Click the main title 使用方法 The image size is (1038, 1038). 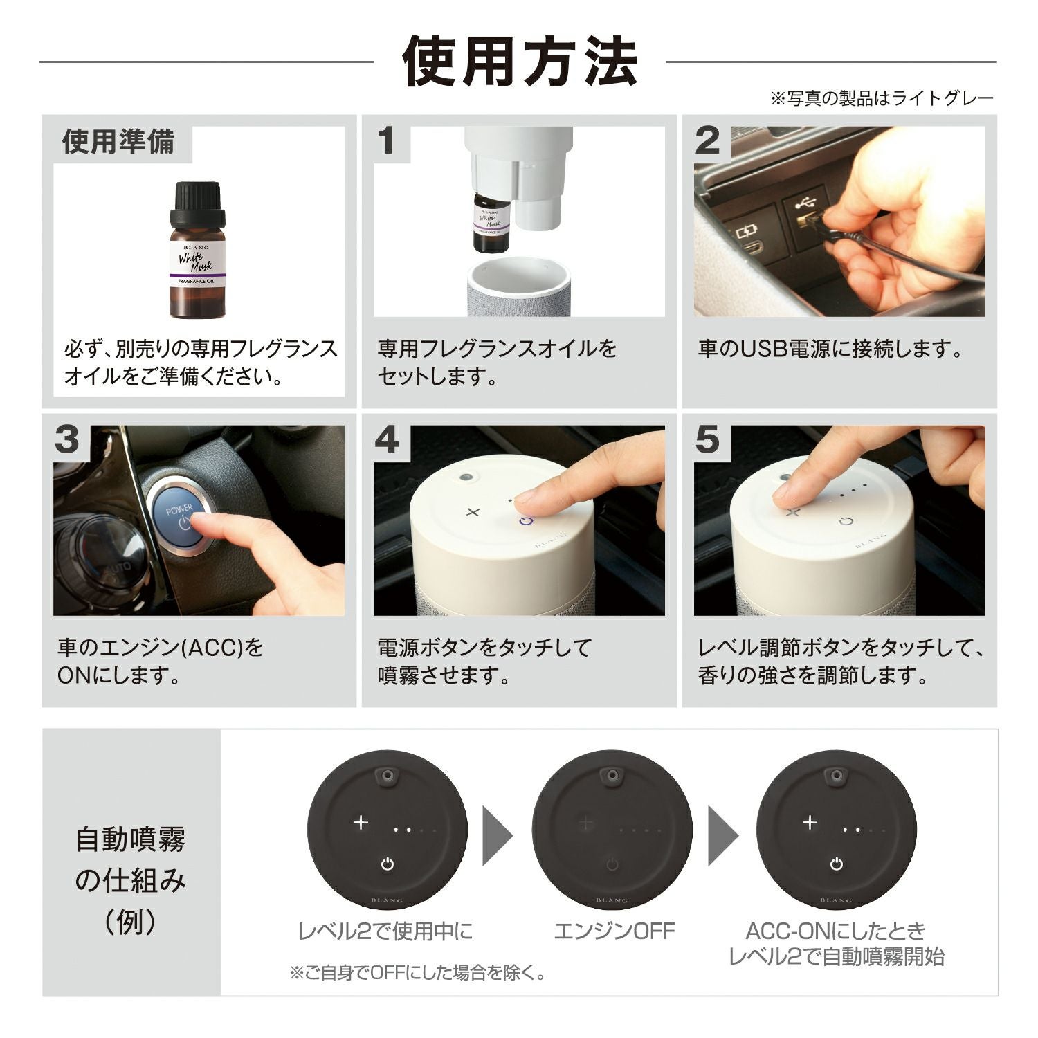pyautogui.click(x=519, y=62)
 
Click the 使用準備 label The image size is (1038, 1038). pyautogui.click(x=118, y=142)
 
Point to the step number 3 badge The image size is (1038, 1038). pyautogui.click(x=67, y=440)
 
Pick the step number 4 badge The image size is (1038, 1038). pyautogui.click(x=387, y=440)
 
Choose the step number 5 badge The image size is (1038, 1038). pyautogui.click(x=707, y=440)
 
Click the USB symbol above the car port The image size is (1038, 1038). pyautogui.click(x=805, y=203)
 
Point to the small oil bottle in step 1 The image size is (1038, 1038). pyautogui.click(x=491, y=221)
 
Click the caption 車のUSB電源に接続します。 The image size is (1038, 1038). pyautogui.click(x=830, y=349)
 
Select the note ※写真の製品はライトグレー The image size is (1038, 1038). pyautogui.click(x=882, y=98)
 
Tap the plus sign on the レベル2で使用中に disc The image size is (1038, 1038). pyautogui.click(x=361, y=823)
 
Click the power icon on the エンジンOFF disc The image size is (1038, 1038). pyautogui.click(x=612, y=864)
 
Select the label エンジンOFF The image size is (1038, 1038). pyautogui.click(x=614, y=931)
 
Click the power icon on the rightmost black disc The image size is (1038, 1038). pyautogui.click(x=837, y=864)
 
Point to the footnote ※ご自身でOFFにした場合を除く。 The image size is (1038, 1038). pyautogui.click(x=419, y=973)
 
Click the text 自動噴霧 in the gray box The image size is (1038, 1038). pyautogui.click(x=131, y=840)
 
